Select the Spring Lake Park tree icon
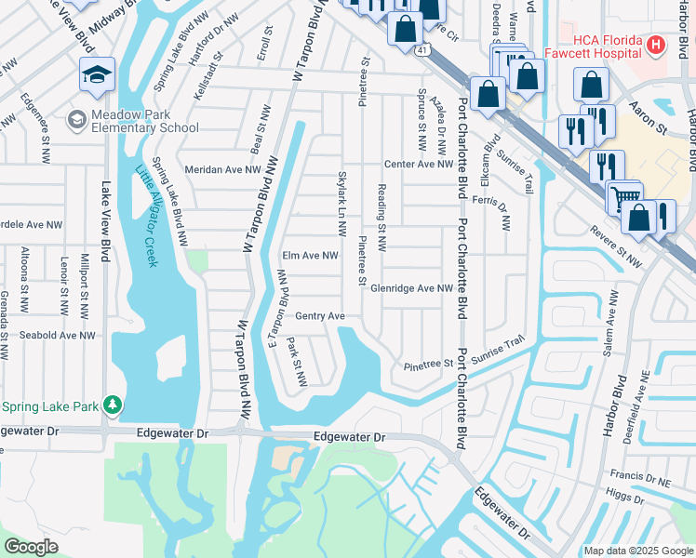click(113, 405)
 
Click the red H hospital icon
click(656, 44)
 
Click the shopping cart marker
click(624, 196)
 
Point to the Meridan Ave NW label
click(223, 169)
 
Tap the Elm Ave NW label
click(309, 257)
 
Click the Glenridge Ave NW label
click(411, 288)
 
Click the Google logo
click(32, 547)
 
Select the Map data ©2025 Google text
click(638, 551)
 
